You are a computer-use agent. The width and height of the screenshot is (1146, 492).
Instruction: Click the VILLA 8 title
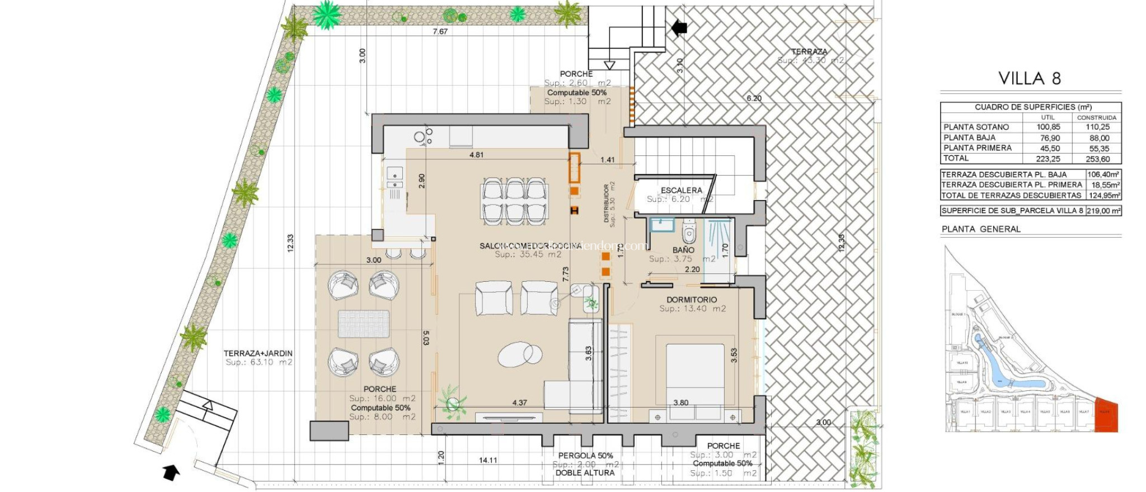[1030, 78]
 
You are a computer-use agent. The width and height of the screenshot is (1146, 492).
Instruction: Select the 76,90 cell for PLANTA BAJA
[1048, 138]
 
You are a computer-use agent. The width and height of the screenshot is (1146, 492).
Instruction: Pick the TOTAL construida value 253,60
[1097, 159]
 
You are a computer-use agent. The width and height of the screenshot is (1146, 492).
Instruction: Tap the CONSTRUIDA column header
[1096, 117]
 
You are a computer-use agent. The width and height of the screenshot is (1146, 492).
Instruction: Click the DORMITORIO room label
[692, 300]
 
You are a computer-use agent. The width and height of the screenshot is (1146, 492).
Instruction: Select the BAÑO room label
[683, 250]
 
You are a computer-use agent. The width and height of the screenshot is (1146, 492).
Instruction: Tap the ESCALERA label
[681, 190]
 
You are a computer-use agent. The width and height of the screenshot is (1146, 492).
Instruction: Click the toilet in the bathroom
[689, 231]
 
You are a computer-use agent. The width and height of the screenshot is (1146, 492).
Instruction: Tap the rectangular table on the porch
[364, 324]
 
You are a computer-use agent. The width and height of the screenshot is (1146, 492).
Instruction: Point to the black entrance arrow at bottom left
[171, 472]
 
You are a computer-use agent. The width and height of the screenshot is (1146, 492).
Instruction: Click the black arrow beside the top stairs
[679, 27]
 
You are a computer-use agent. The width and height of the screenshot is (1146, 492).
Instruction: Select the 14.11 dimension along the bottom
[488, 460]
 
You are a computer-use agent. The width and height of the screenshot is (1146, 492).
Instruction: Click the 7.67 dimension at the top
[440, 31]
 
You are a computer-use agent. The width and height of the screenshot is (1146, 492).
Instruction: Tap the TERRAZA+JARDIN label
[258, 353]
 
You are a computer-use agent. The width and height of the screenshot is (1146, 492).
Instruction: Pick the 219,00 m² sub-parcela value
[1103, 211]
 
